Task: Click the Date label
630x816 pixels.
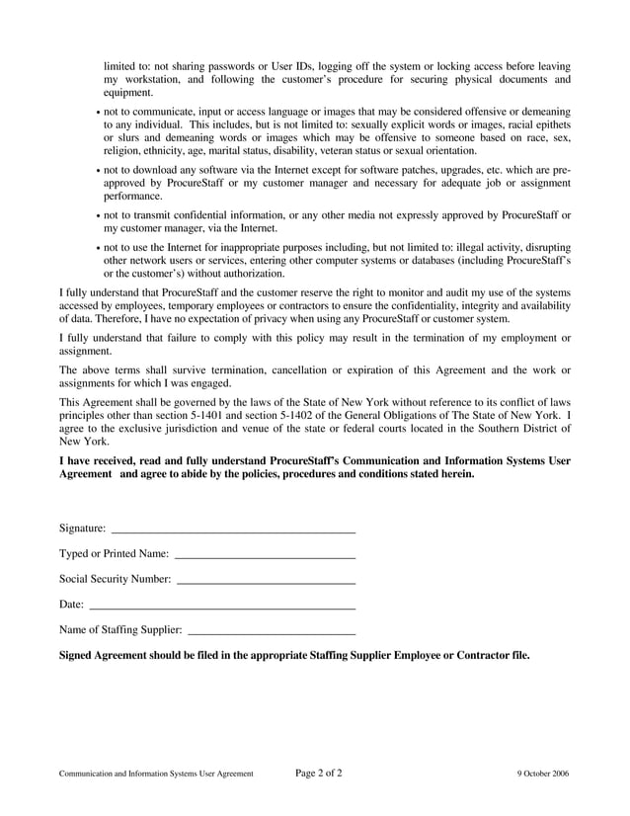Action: (x=71, y=604)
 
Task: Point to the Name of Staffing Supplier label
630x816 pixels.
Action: (x=120, y=628)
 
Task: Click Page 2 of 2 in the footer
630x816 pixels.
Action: (x=319, y=773)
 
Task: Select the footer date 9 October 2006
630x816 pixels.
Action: (x=543, y=774)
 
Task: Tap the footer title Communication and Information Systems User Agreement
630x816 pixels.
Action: (x=156, y=774)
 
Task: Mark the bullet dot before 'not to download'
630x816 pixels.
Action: (x=99, y=171)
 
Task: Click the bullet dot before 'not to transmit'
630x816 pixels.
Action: (x=99, y=215)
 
